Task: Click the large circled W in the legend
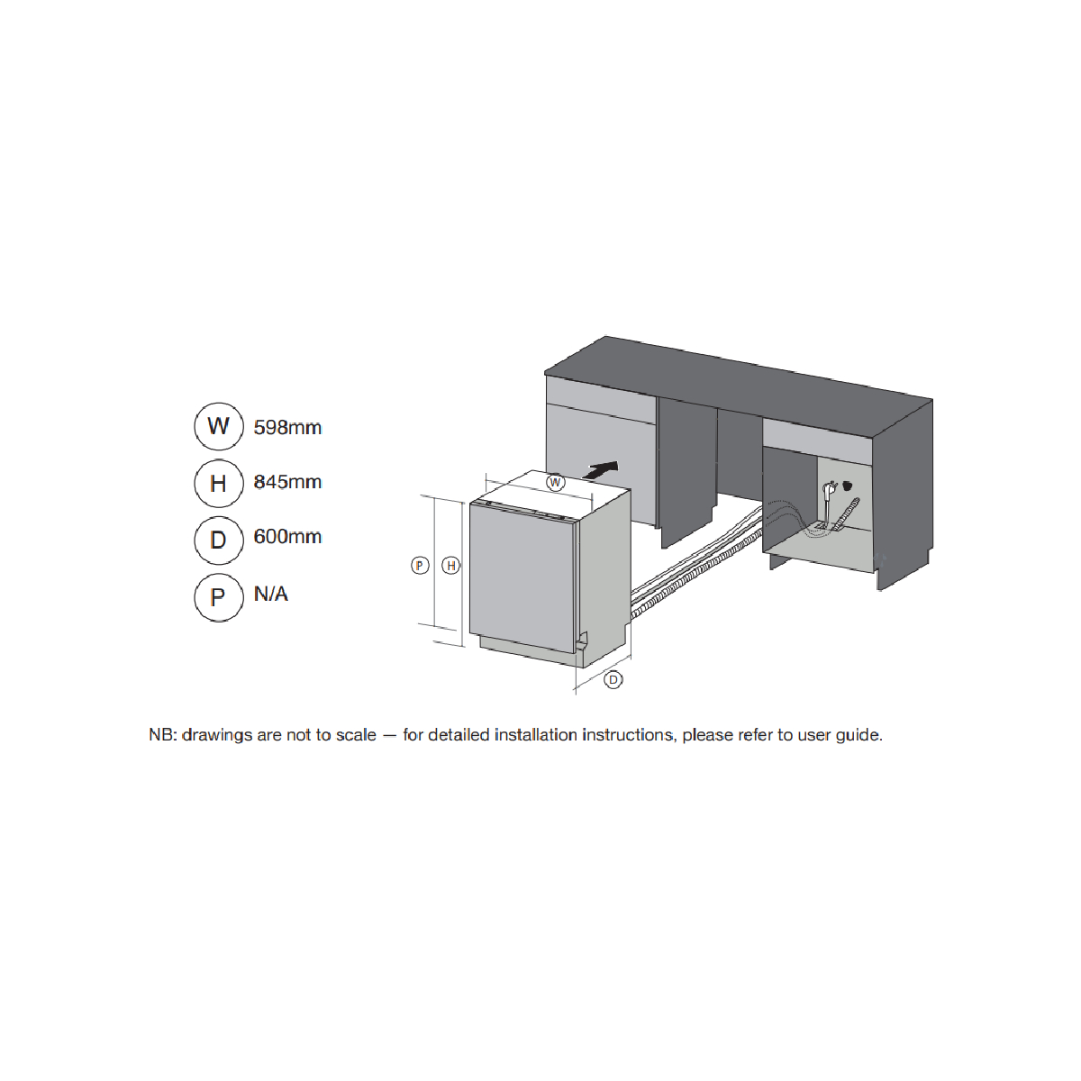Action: tap(219, 426)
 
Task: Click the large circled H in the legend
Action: tap(219, 484)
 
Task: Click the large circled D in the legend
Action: tap(219, 540)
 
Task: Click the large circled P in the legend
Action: tap(219, 597)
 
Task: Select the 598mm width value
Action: tap(287, 428)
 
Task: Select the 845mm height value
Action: tap(287, 482)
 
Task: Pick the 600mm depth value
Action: tap(287, 537)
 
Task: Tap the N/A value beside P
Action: tap(271, 594)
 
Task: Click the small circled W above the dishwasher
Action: tap(556, 483)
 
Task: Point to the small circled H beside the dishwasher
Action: tap(451, 566)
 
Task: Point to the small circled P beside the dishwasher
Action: tap(420, 566)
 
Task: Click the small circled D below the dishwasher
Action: tap(613, 680)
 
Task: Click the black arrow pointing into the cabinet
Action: tap(601, 470)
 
